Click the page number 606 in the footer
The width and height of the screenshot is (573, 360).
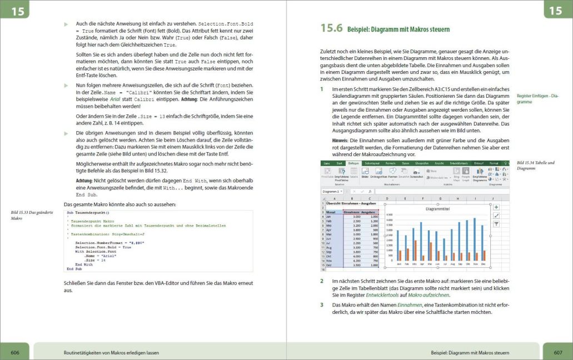click(x=15, y=352)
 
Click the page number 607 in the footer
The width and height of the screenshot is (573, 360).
click(x=558, y=352)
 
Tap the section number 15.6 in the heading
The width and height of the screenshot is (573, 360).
click(x=332, y=28)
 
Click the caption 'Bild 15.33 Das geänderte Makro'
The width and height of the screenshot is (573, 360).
click(x=31, y=216)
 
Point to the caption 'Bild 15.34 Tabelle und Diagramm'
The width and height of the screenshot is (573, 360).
click(x=531, y=165)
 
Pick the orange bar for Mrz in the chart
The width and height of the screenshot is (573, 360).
click(x=415, y=250)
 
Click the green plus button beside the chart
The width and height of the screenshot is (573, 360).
click(x=496, y=207)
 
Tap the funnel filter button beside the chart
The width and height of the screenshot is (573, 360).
click(x=496, y=224)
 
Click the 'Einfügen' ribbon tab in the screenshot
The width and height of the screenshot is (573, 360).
click(x=353, y=163)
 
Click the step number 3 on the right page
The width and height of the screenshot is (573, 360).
click(x=322, y=305)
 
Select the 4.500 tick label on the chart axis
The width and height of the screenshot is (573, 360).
click(x=389, y=214)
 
